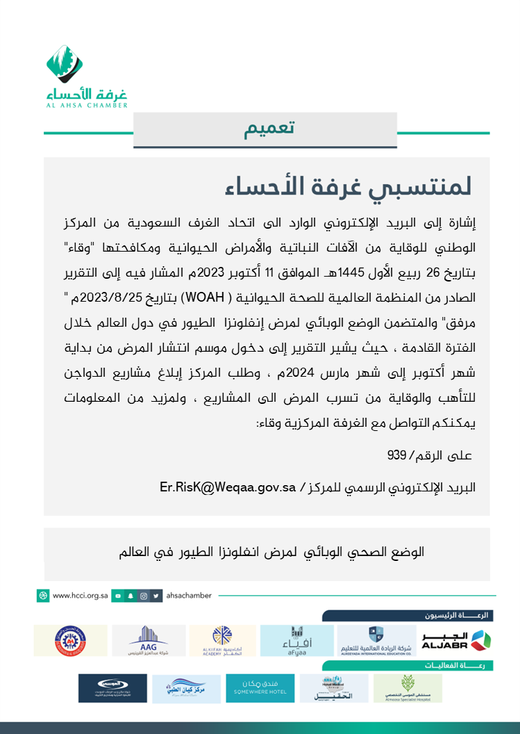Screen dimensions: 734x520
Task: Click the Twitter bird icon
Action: pos(158,596)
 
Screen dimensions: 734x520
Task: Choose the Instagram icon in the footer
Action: pos(143,596)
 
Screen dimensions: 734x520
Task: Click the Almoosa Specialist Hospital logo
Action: pos(408,688)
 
